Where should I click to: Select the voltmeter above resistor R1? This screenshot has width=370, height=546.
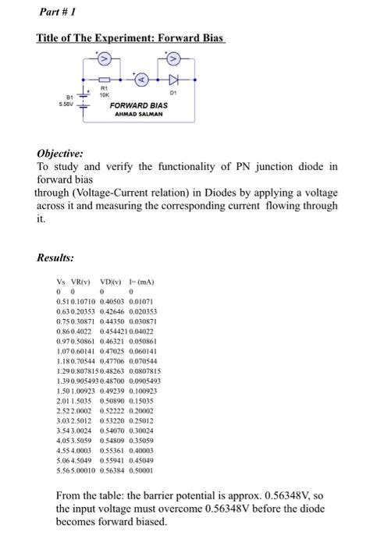click(109, 59)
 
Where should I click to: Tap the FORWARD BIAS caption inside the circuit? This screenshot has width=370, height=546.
click(139, 105)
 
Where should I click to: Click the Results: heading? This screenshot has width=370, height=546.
click(56, 257)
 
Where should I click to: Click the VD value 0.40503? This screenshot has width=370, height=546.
click(112, 300)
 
